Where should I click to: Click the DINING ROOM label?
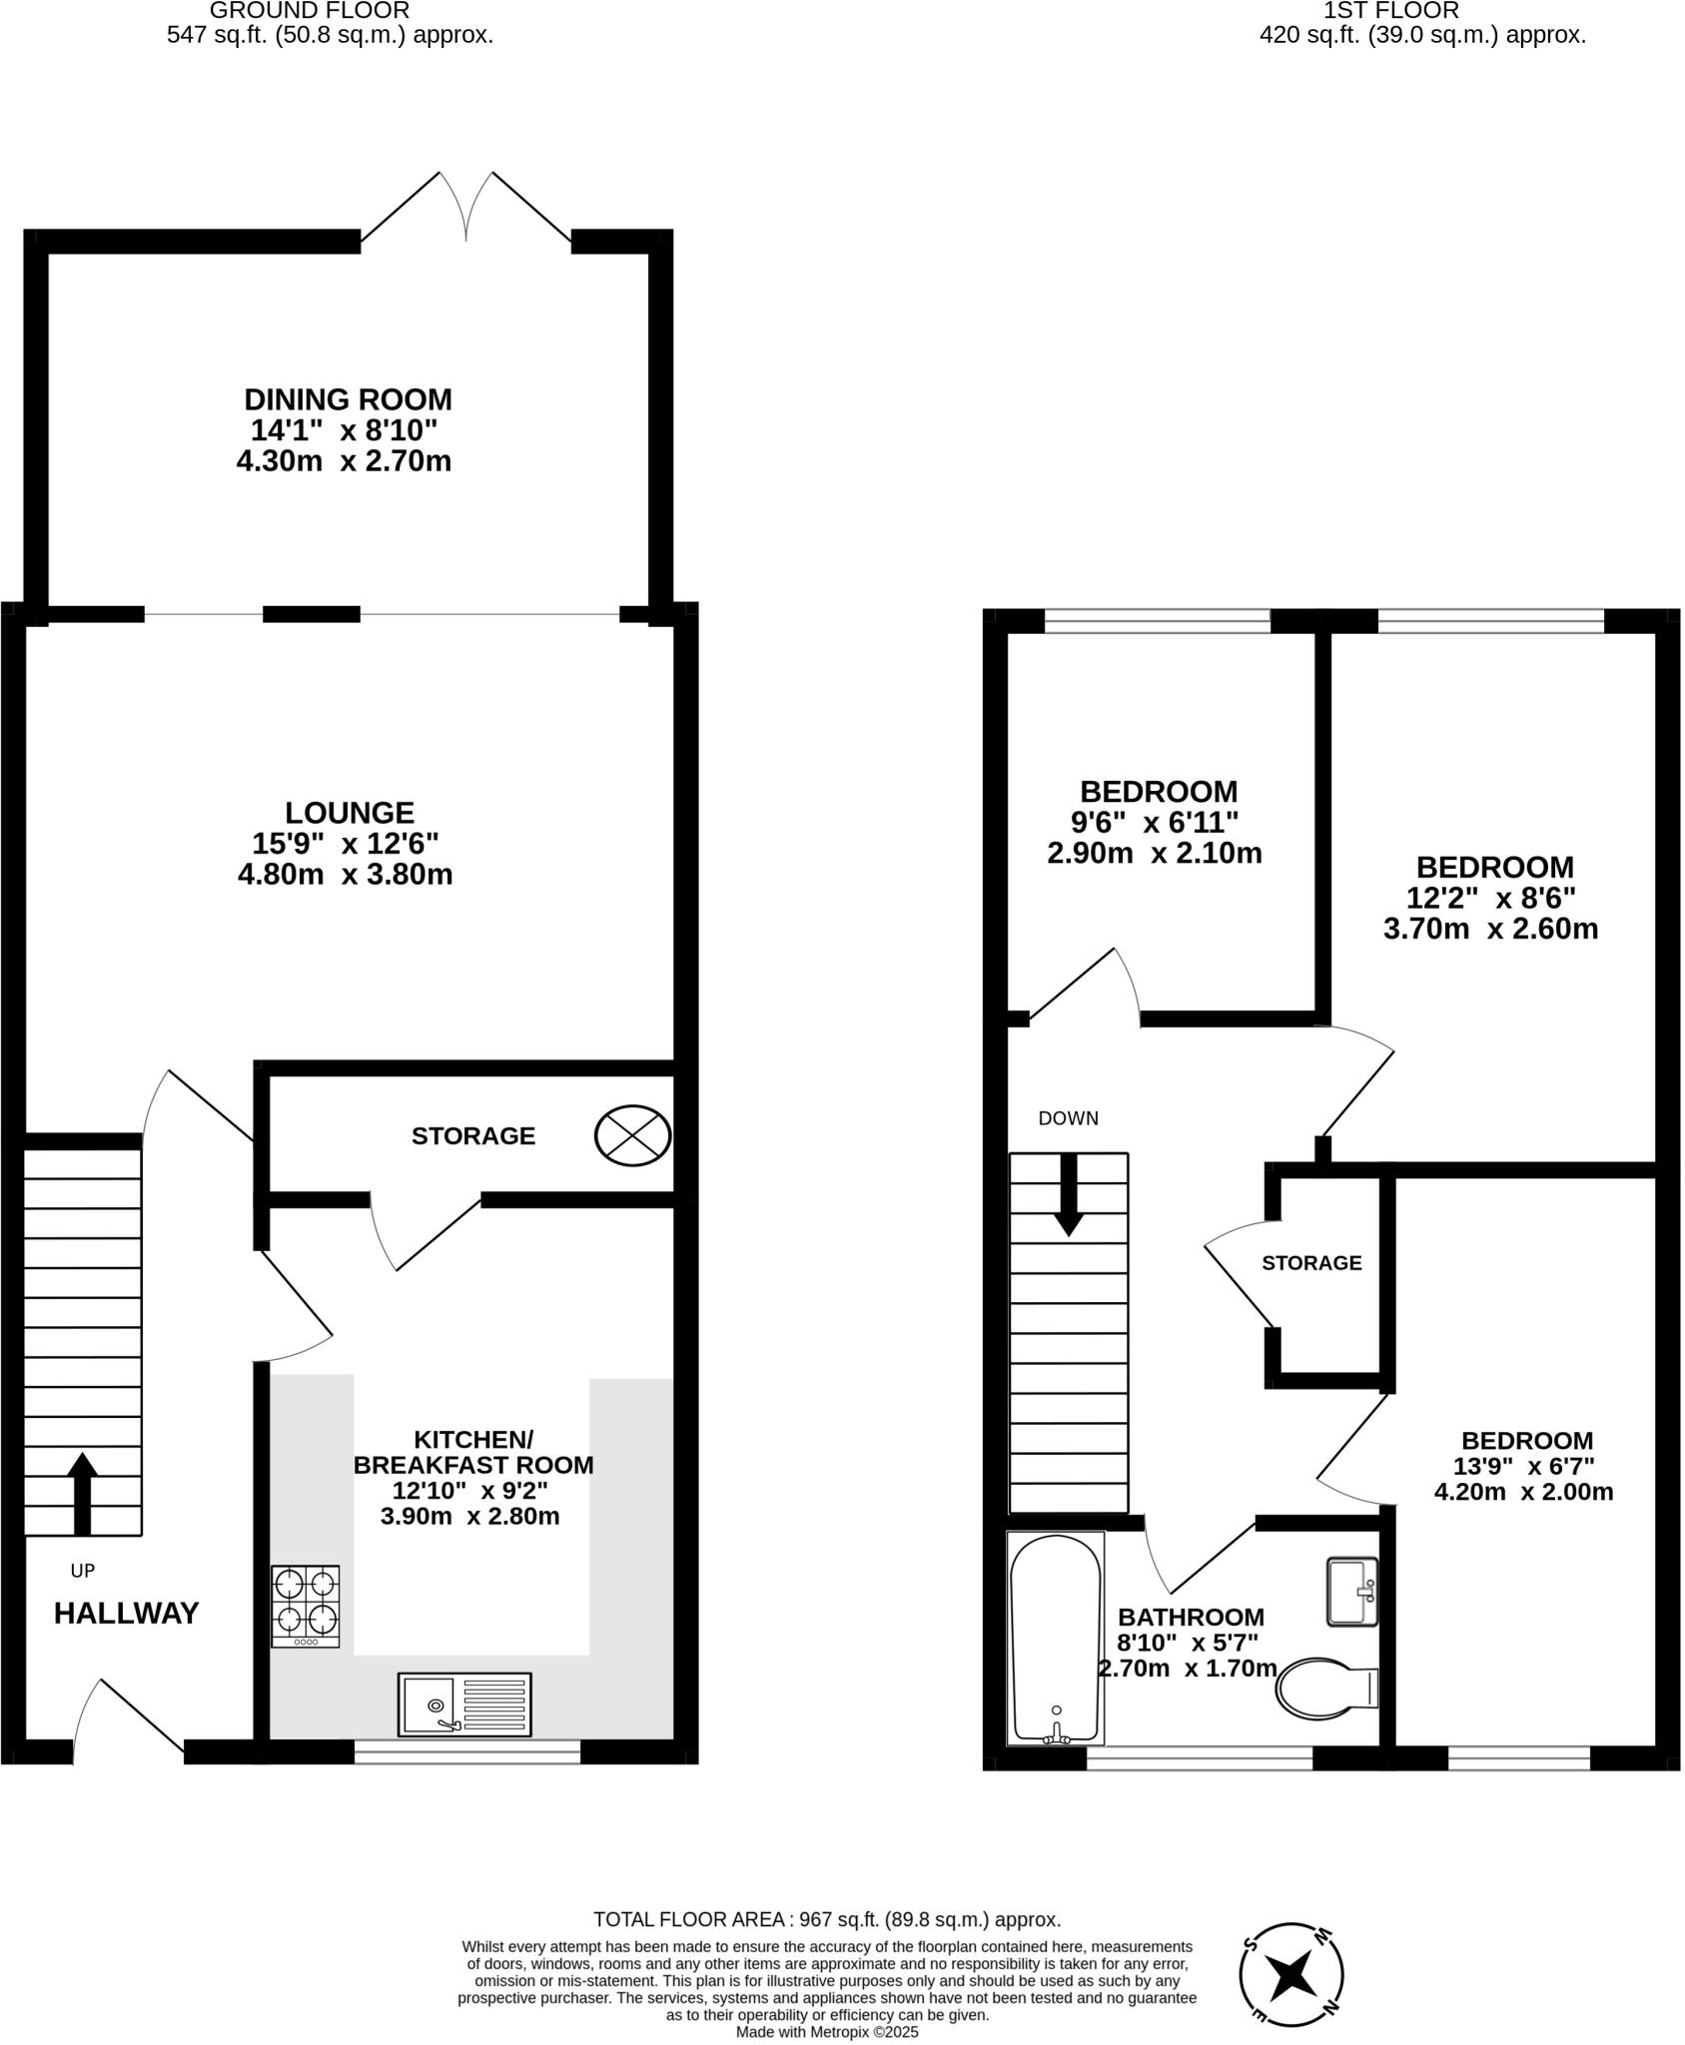point(348,399)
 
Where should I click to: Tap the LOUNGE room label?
point(349,812)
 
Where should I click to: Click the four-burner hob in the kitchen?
point(305,1606)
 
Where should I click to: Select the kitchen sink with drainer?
point(464,1704)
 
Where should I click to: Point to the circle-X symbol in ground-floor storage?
point(632,1135)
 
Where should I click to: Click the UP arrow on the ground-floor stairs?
point(82,1492)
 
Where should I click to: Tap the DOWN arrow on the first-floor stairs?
point(1069,1194)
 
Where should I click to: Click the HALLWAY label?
point(126,1613)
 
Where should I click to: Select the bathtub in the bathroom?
point(1056,1638)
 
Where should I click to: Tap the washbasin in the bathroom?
point(1352,1591)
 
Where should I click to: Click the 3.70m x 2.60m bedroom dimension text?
point(1490,929)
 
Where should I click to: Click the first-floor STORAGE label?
point(1311,1263)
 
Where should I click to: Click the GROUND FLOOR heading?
point(310,11)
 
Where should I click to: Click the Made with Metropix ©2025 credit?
point(827,2031)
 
